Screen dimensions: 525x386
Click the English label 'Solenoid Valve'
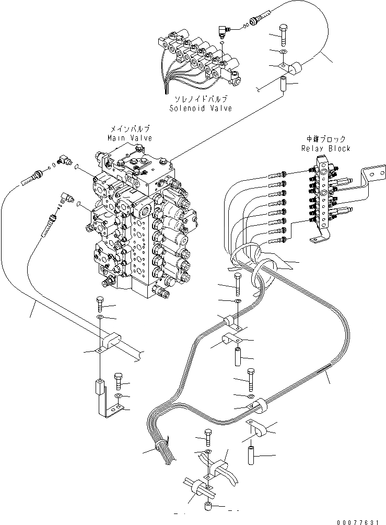201,108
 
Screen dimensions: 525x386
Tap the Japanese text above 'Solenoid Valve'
201,99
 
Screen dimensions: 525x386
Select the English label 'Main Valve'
130,138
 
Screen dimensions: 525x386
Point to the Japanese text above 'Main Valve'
130,129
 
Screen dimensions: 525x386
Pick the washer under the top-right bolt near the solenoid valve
283,52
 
